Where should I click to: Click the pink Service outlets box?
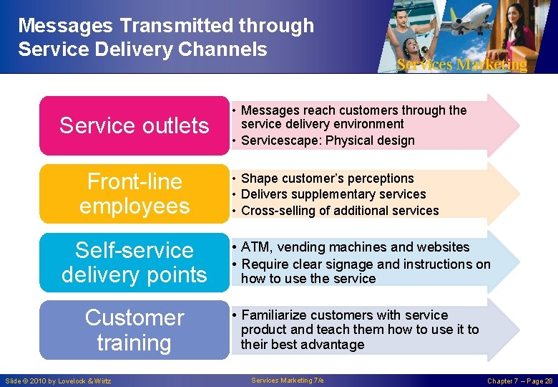(x=134, y=125)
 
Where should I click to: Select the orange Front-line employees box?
(x=134, y=193)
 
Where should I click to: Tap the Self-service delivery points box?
(x=134, y=262)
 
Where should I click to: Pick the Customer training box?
(x=134, y=330)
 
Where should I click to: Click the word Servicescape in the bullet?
(x=280, y=140)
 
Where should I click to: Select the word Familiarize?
(x=275, y=315)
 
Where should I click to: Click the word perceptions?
(x=380, y=178)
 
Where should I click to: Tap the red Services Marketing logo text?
(x=462, y=64)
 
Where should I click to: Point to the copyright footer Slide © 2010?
(x=58, y=381)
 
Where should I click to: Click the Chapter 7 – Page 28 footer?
(x=519, y=381)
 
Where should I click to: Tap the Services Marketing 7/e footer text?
(x=288, y=380)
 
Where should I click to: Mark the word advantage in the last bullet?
(x=330, y=345)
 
